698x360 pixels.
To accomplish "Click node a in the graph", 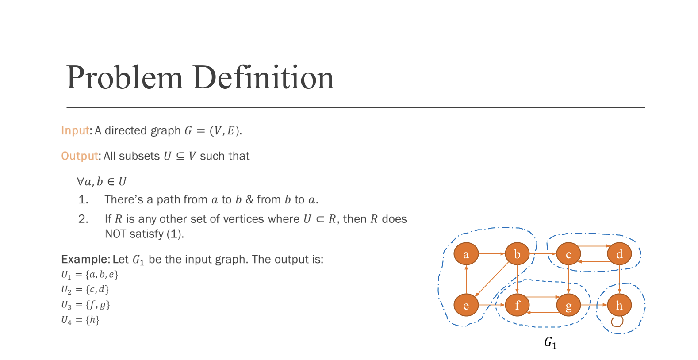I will pos(466,254).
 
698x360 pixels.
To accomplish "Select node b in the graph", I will pos(517,254).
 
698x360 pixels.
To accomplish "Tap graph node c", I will pos(568,254).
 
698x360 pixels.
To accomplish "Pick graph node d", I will pos(619,254).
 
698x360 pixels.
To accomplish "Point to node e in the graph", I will pos(466,305).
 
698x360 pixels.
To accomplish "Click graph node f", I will pos(517,305).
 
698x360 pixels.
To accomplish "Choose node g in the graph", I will pos(568,305).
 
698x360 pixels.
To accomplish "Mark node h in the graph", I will pos(619,305).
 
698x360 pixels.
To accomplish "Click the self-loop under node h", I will pos(617,322).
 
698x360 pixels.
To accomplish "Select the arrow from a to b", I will pos(491,254).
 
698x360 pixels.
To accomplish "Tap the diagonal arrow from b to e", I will pos(492,279).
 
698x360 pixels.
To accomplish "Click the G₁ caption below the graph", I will pos(550,343).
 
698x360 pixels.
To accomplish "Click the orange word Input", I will pos(76,130).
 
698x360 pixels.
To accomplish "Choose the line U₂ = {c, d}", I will pos(85,290).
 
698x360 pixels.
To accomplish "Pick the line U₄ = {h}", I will pos(80,320).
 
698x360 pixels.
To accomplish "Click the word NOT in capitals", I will pos(115,234).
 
